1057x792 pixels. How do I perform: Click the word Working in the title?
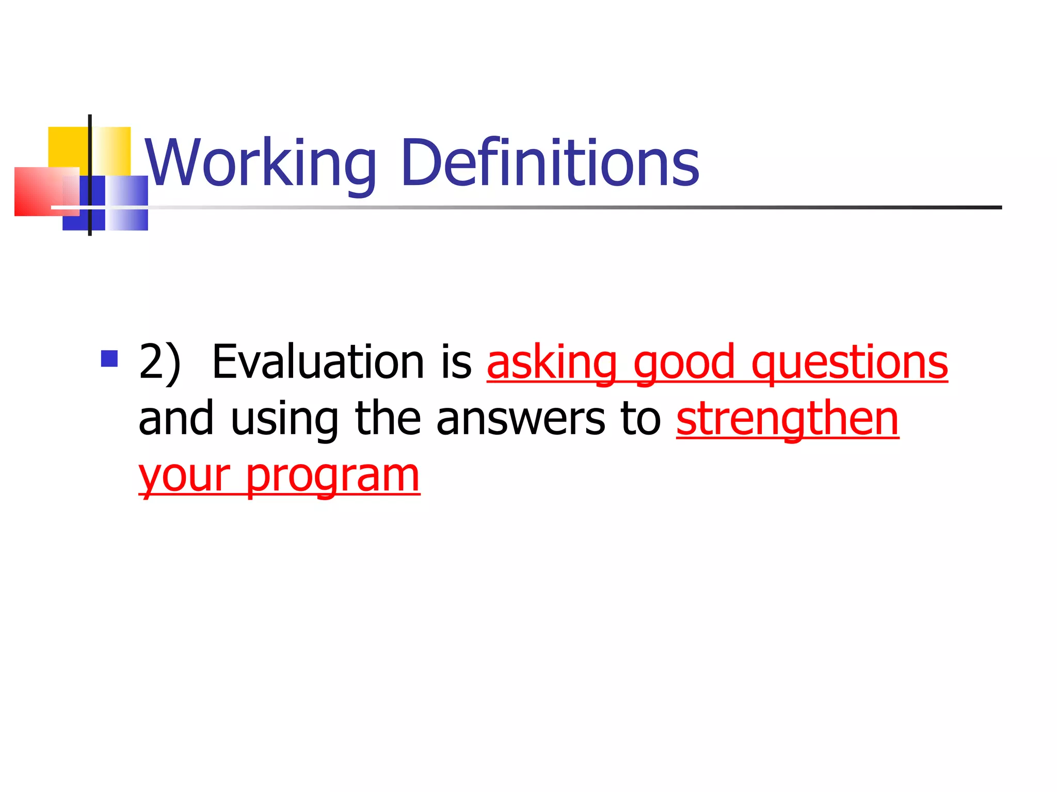pyautogui.click(x=261, y=164)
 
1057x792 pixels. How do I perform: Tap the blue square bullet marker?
pyautogui.click(x=109, y=358)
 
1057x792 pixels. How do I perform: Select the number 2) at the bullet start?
pyautogui.click(x=160, y=362)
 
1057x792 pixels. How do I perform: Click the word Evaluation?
pyautogui.click(x=319, y=362)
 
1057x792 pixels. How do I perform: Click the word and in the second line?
pyautogui.click(x=176, y=419)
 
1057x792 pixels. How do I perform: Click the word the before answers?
pyautogui.click(x=388, y=419)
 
